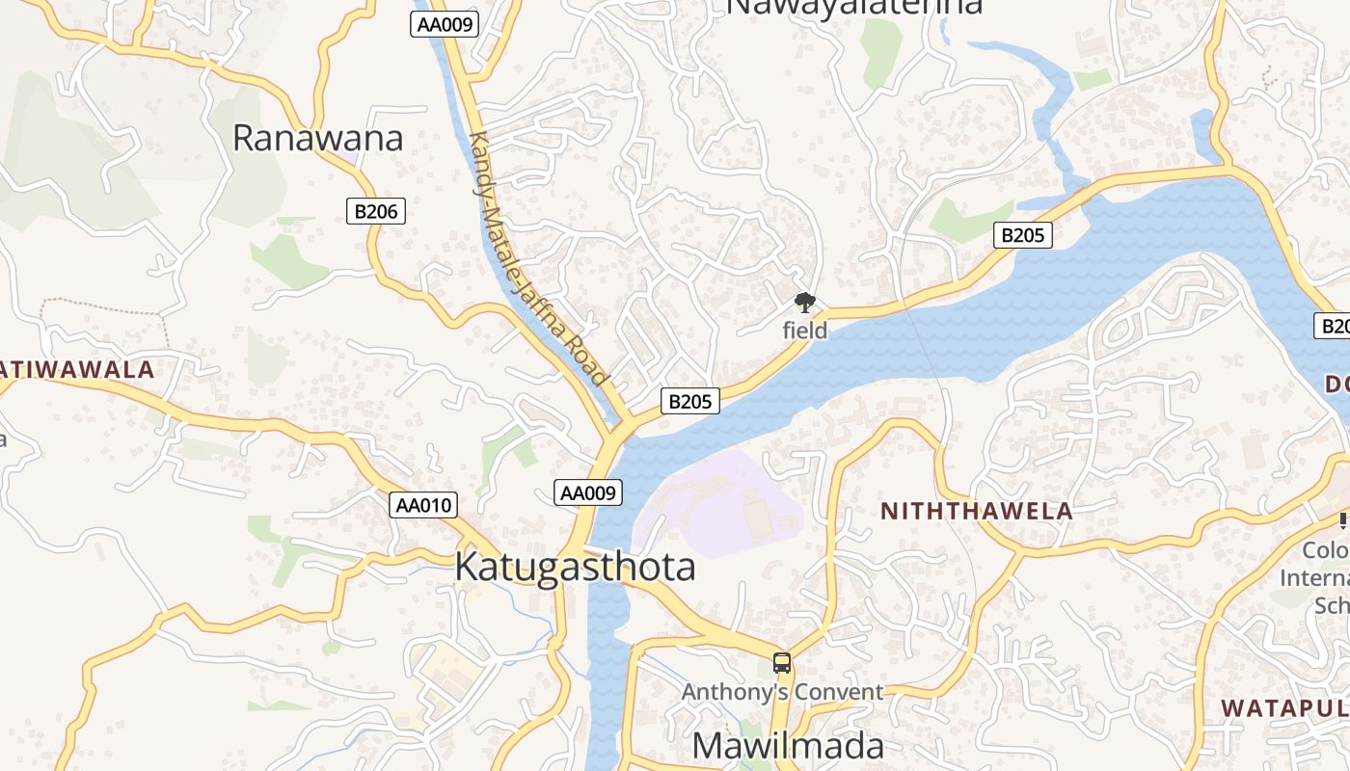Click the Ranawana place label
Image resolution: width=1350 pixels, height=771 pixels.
click(x=317, y=139)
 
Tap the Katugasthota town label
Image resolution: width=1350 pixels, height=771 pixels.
click(x=575, y=567)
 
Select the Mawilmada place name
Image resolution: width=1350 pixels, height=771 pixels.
click(x=788, y=746)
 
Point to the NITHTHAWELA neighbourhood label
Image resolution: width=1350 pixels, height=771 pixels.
click(x=977, y=511)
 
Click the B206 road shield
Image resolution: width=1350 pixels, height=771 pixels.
click(x=376, y=211)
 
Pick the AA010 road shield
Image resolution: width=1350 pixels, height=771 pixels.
click(x=423, y=505)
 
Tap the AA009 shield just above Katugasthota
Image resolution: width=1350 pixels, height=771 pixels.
click(x=589, y=492)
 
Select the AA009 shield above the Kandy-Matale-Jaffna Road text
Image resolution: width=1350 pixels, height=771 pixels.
click(x=445, y=24)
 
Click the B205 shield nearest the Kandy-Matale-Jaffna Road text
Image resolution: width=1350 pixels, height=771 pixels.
click(x=690, y=402)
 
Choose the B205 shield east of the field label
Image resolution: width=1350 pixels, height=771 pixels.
click(x=1023, y=234)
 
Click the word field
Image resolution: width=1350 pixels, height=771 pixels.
click(x=804, y=331)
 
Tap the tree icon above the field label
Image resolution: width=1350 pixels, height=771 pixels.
click(x=804, y=303)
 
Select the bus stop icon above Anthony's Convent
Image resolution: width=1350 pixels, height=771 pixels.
click(x=782, y=663)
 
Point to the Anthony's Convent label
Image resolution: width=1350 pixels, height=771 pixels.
click(x=782, y=692)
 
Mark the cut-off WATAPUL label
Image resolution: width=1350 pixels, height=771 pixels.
click(x=1284, y=708)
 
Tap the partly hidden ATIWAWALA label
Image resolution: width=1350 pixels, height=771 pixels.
click(x=77, y=369)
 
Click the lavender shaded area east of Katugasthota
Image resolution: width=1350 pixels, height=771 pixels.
click(x=718, y=501)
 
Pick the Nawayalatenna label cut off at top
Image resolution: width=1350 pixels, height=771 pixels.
click(x=853, y=8)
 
